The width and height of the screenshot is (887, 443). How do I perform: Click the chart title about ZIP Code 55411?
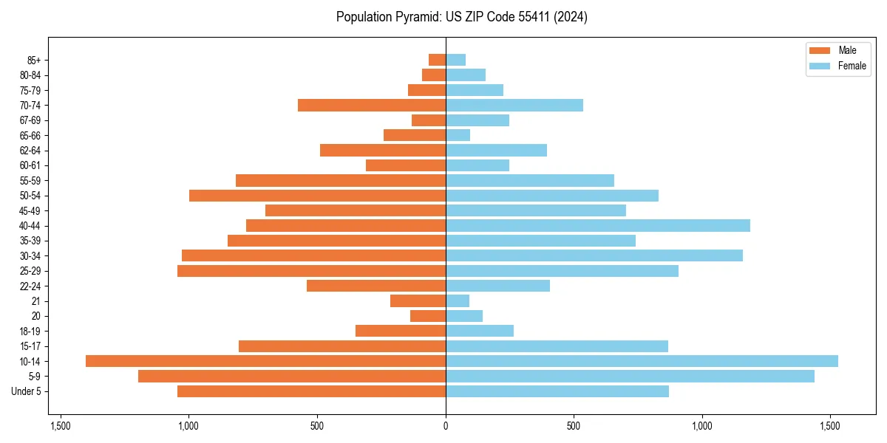(x=461, y=17)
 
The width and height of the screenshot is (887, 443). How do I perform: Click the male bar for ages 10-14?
(x=265, y=361)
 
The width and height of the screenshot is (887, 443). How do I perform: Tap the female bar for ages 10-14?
(x=642, y=361)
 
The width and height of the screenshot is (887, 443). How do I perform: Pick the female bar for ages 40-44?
(x=597, y=225)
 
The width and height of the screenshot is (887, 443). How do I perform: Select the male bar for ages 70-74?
(x=372, y=105)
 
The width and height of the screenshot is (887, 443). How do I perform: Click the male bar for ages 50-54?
(x=317, y=196)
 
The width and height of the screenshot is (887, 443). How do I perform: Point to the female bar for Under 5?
(x=557, y=391)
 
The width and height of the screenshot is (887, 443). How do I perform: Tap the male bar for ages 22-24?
(x=376, y=286)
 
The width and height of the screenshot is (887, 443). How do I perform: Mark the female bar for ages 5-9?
(x=630, y=377)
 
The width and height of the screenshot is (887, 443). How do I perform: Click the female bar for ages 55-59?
(x=530, y=180)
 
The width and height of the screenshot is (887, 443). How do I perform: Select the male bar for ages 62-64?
(x=383, y=150)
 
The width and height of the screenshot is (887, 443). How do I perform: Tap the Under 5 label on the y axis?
(x=26, y=391)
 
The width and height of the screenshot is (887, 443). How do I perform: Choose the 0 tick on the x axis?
(x=446, y=426)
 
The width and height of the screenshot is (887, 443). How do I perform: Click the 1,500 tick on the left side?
(x=61, y=426)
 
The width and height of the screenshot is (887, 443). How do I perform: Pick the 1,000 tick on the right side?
(x=701, y=426)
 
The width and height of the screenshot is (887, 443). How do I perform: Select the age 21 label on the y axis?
(x=35, y=301)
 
